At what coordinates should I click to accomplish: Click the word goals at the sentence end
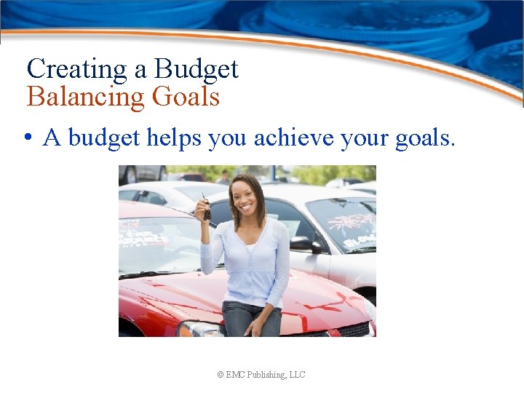pos(425,138)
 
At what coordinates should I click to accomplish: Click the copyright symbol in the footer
pos(221,375)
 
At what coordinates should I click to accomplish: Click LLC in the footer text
pos(297,375)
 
